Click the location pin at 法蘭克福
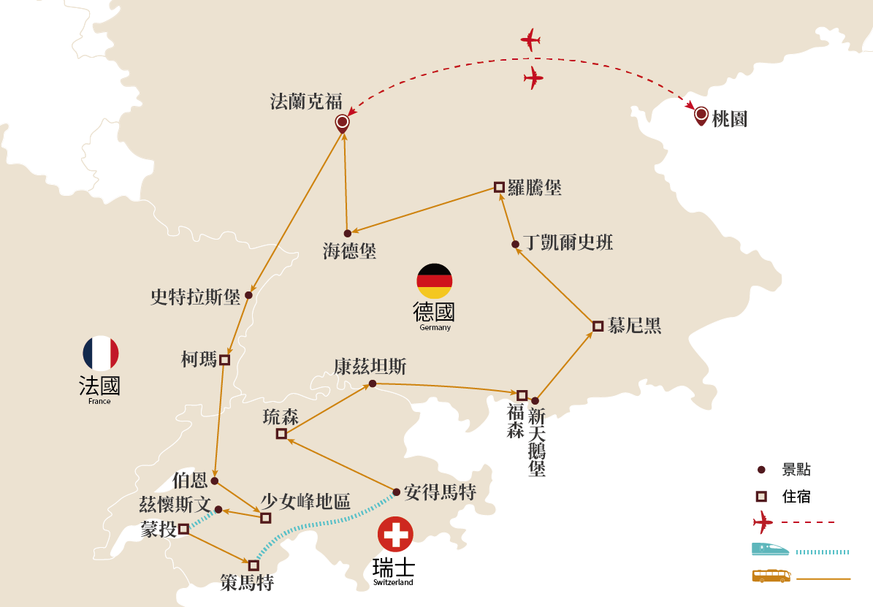coord(341,122)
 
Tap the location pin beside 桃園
coord(701,115)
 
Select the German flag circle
coord(435,281)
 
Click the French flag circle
coord(101,353)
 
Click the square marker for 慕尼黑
coord(598,327)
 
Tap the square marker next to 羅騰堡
coord(499,187)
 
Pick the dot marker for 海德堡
coord(348,233)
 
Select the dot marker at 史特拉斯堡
coord(248,295)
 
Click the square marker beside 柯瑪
coord(224,359)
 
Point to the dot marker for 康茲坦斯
coord(372,383)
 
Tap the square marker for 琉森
coord(281,434)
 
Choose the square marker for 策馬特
coord(253,565)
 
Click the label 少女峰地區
coord(305,502)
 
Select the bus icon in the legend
coord(771,576)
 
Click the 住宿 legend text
coord(796,497)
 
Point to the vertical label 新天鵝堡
coord(537,443)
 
